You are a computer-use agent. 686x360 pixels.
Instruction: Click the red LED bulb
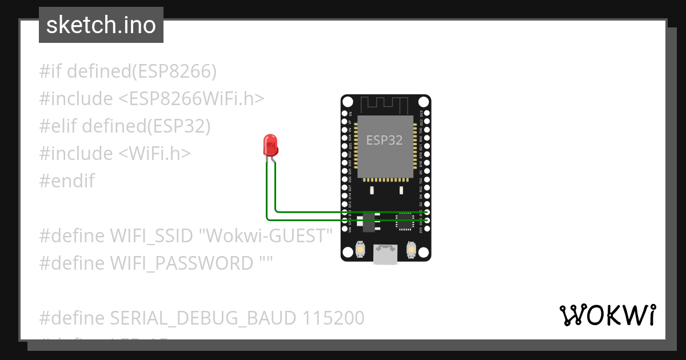270,146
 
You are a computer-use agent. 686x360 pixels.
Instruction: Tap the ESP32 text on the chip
384,141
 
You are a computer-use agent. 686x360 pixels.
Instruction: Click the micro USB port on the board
386,254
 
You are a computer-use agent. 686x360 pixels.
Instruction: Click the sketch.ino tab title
101,25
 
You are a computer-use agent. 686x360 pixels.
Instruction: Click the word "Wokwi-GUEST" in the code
269,235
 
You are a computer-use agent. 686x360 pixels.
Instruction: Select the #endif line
67,181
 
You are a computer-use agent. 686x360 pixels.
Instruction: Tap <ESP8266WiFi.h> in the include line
191,99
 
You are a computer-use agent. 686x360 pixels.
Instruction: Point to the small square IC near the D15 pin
405,222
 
